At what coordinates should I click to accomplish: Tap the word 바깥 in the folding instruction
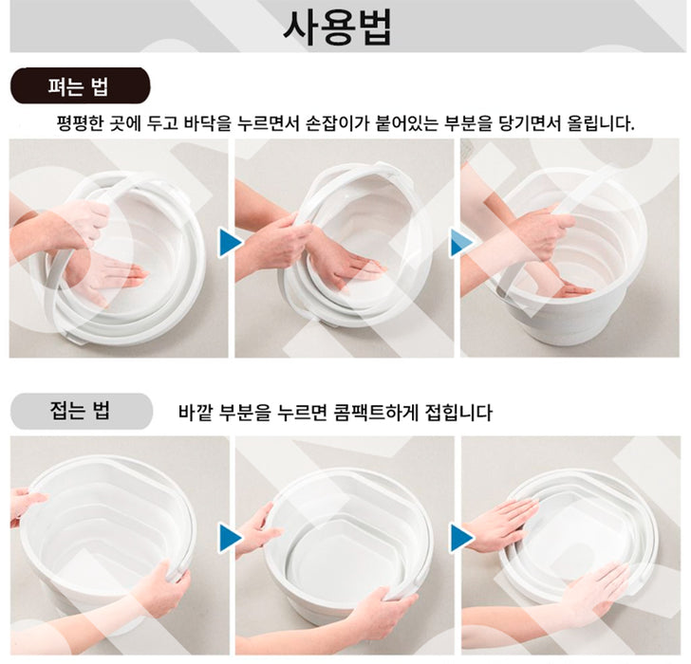tap(196, 414)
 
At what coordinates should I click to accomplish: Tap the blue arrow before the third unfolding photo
tap(459, 244)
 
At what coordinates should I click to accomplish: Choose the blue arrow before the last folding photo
tap(459, 538)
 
